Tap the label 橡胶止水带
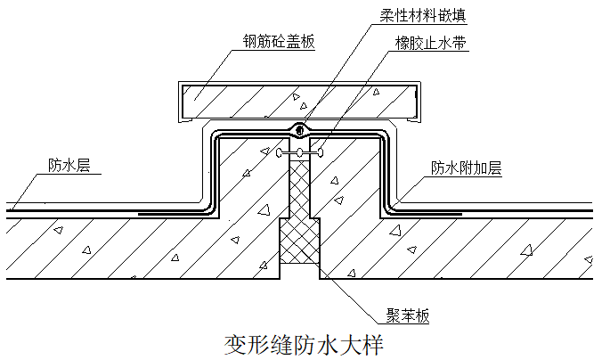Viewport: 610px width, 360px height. click(430, 42)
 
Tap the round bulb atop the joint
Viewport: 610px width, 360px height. click(301, 130)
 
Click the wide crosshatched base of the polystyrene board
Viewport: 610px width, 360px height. click(301, 248)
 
